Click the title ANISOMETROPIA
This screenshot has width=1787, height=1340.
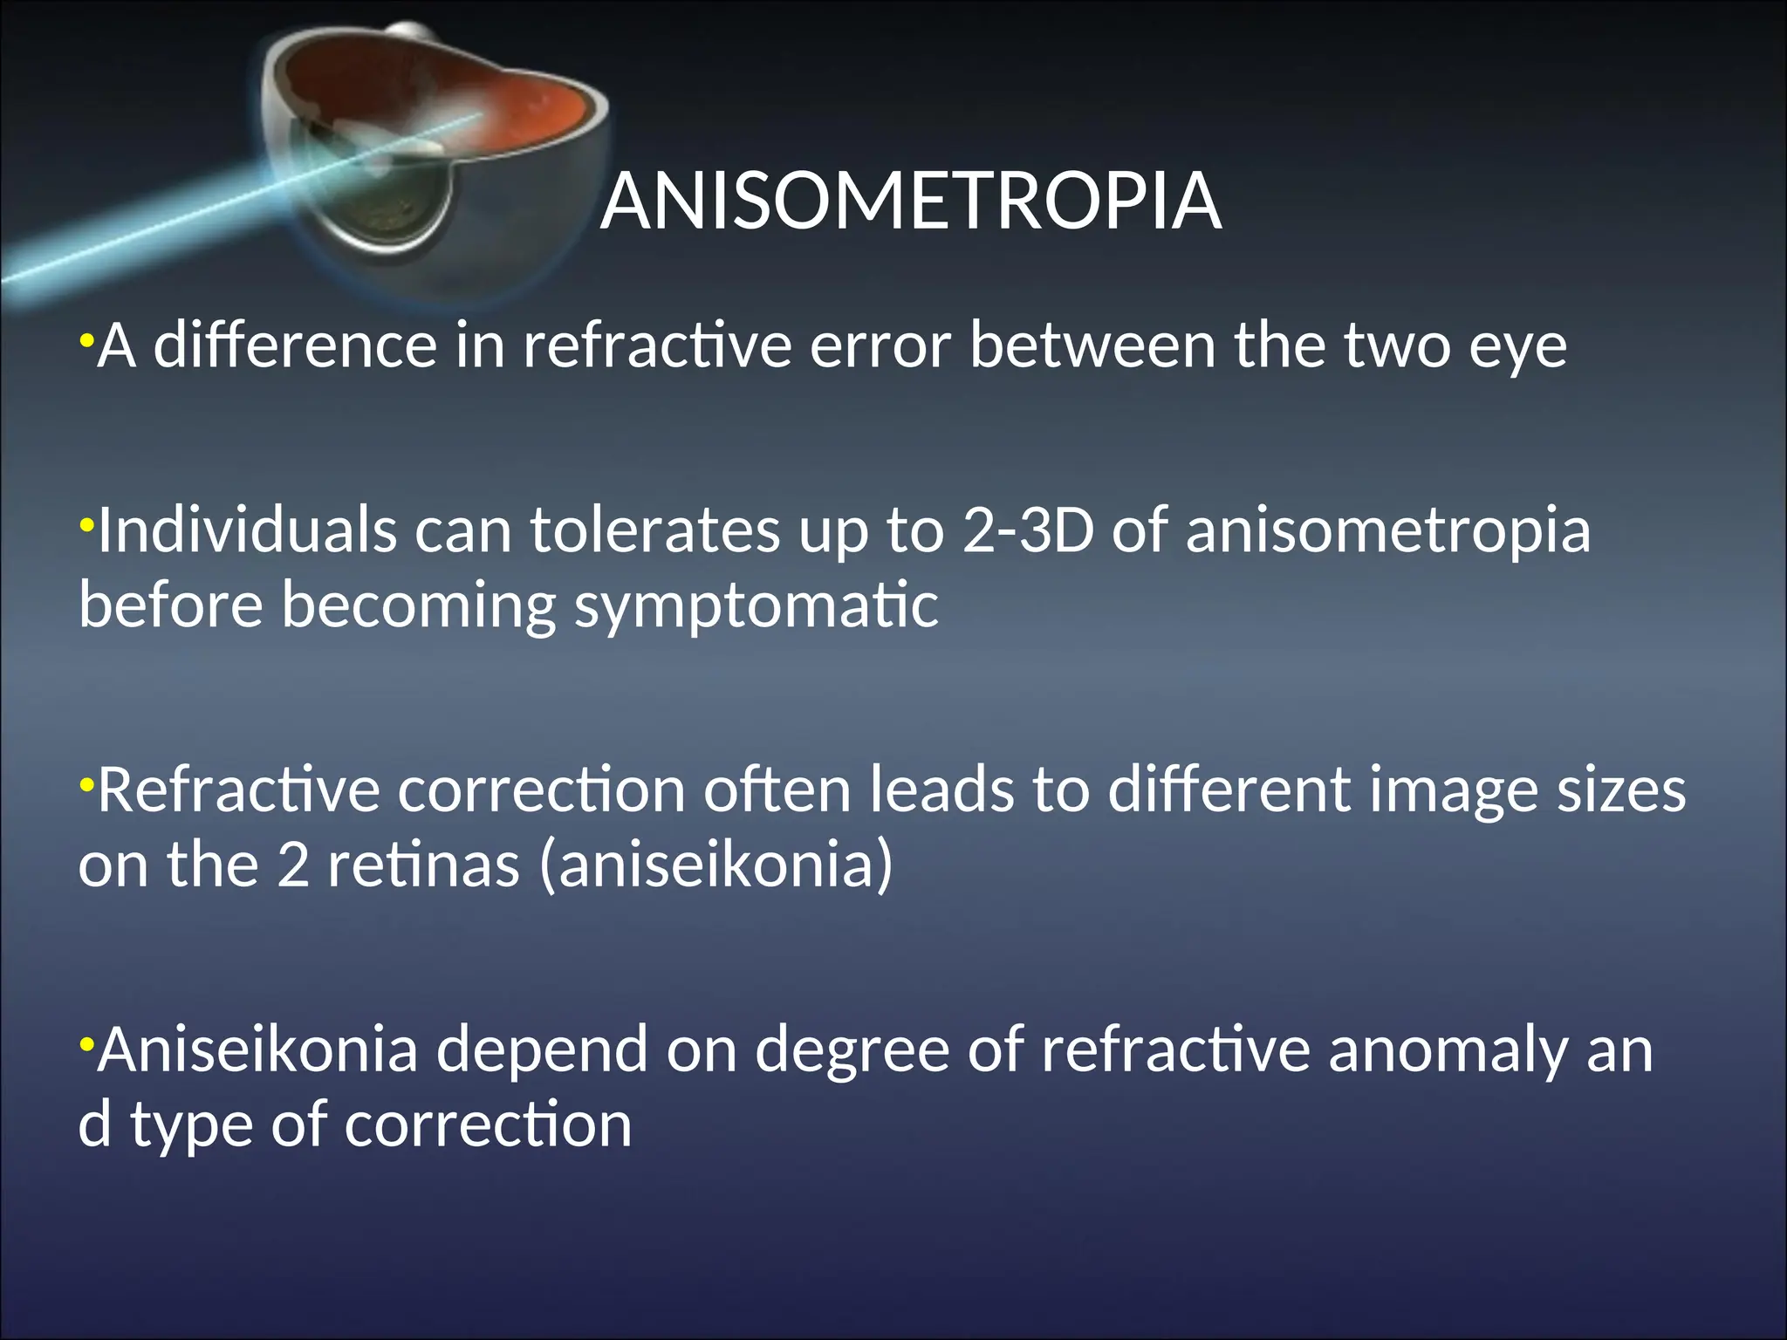pyautogui.click(x=910, y=202)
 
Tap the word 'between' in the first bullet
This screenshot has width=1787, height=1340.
pyautogui.click(x=1092, y=345)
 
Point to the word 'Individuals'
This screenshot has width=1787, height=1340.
pyautogui.click(x=247, y=530)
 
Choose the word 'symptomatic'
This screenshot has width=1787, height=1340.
pyautogui.click(x=756, y=607)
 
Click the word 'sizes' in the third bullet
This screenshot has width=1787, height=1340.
pyautogui.click(x=1622, y=790)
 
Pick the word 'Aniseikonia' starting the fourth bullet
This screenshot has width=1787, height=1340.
pyautogui.click(x=258, y=1049)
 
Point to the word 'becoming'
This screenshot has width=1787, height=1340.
pyautogui.click(x=418, y=607)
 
